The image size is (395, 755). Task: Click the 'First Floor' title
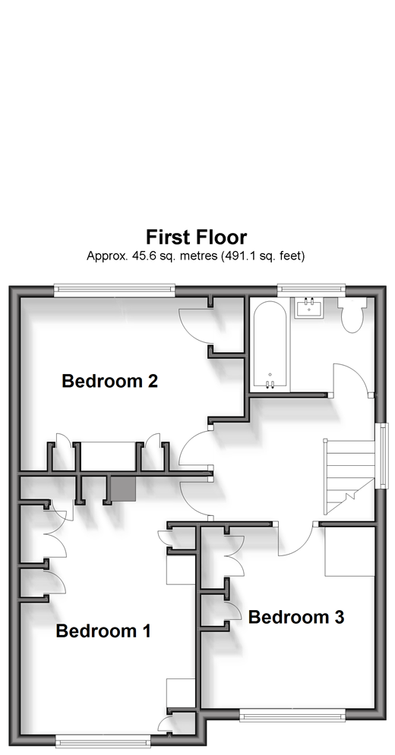click(196, 238)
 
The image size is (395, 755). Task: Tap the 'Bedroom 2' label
click(110, 382)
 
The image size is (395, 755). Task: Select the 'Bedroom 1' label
click(103, 631)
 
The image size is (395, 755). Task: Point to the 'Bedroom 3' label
click(296, 617)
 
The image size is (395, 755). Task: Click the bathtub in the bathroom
click(270, 344)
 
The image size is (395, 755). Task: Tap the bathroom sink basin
click(308, 308)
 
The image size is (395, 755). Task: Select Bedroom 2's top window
click(114, 289)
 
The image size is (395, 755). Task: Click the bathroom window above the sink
click(311, 289)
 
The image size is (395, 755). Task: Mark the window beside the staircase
click(383, 456)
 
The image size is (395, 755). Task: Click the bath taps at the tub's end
click(270, 384)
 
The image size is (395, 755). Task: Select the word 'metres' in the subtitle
click(198, 256)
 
